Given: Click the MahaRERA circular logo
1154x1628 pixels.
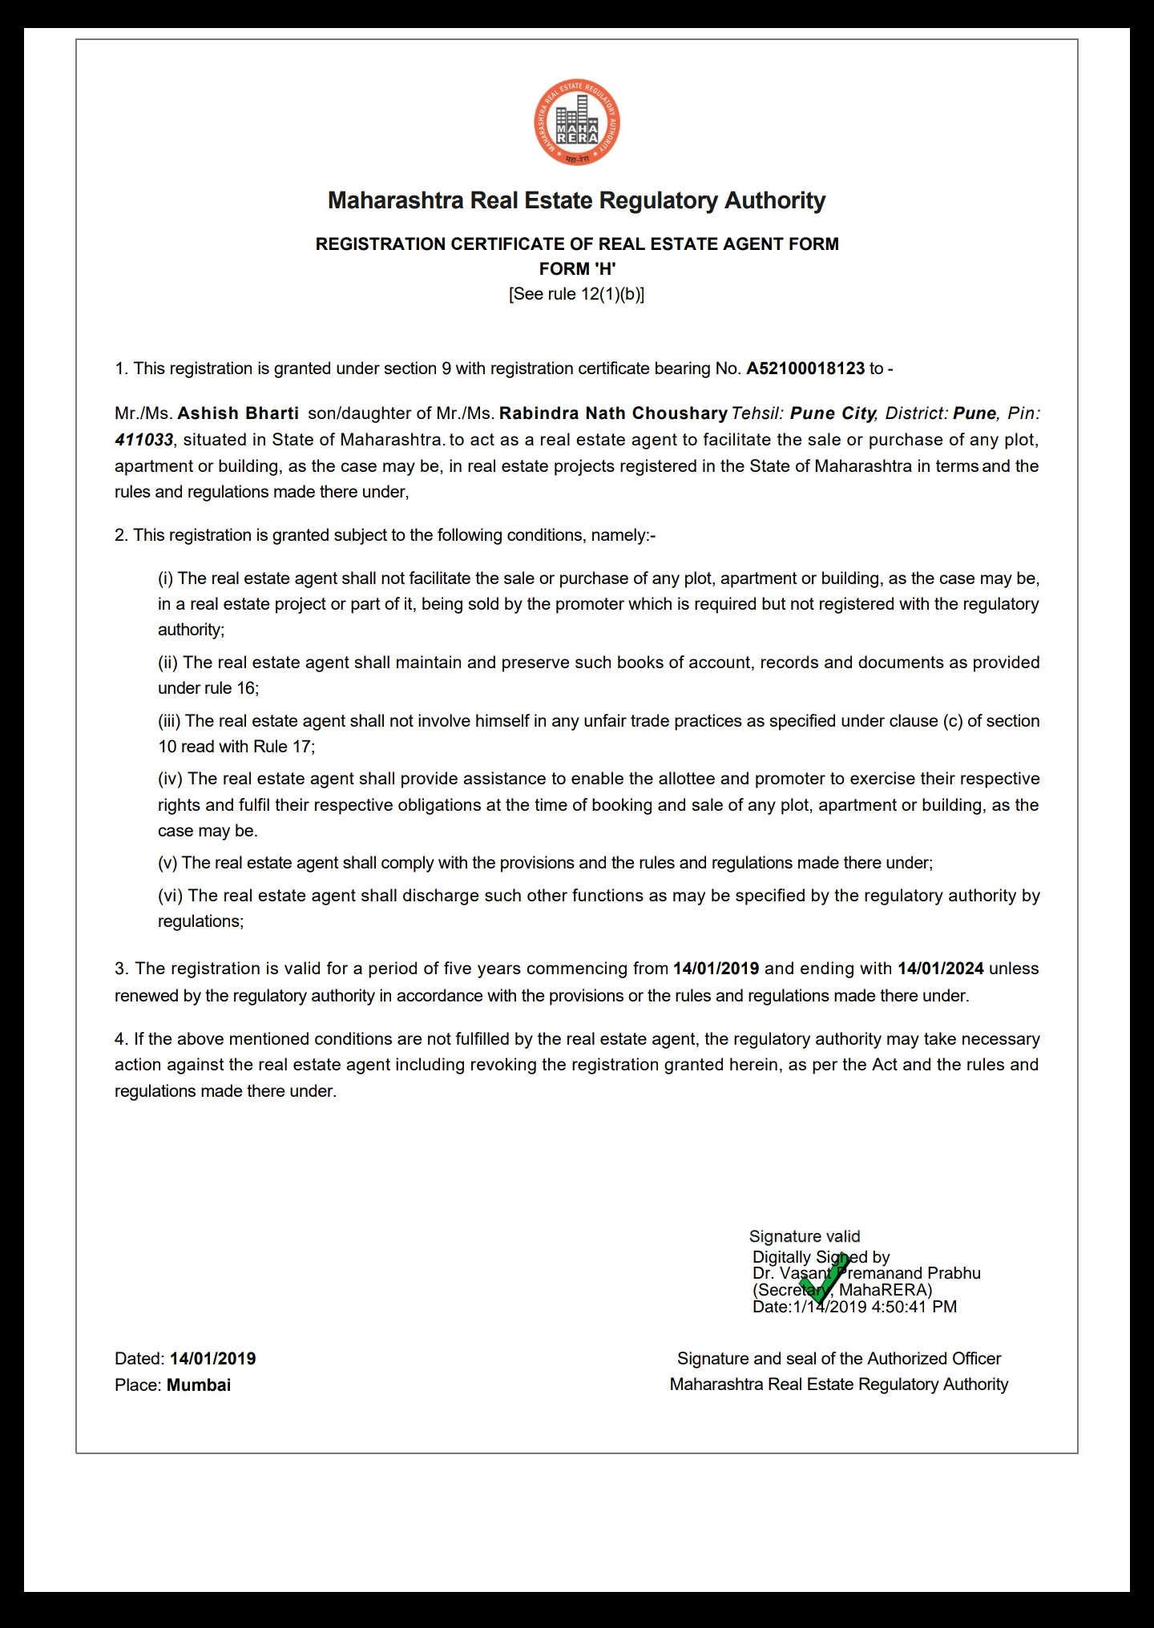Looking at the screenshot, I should pos(577,124).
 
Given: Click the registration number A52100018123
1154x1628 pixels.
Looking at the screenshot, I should pos(805,369).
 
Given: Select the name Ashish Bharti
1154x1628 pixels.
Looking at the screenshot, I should pos(238,413).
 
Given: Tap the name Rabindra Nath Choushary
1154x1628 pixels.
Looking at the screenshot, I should pos(613,413).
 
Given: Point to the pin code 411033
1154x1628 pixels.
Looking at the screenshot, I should pos(144,440).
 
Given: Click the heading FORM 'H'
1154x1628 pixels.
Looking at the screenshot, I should pos(577,268).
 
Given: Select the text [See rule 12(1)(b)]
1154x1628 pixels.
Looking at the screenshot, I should pos(577,294).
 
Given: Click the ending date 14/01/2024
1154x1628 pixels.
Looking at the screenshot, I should pos(940,969).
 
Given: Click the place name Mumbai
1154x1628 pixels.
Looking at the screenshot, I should pos(199,1385).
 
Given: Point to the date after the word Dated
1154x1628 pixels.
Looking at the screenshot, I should pos(212,1359).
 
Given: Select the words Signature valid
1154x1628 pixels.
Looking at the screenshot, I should pos(805,1236).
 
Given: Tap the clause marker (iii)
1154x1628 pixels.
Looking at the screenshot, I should pos(169,721).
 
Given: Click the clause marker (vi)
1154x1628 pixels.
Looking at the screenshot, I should pos(170,896).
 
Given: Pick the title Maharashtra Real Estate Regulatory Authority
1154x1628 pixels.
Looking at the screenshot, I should pos(577,200).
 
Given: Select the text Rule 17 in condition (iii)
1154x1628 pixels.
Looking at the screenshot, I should pos(281,747).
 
